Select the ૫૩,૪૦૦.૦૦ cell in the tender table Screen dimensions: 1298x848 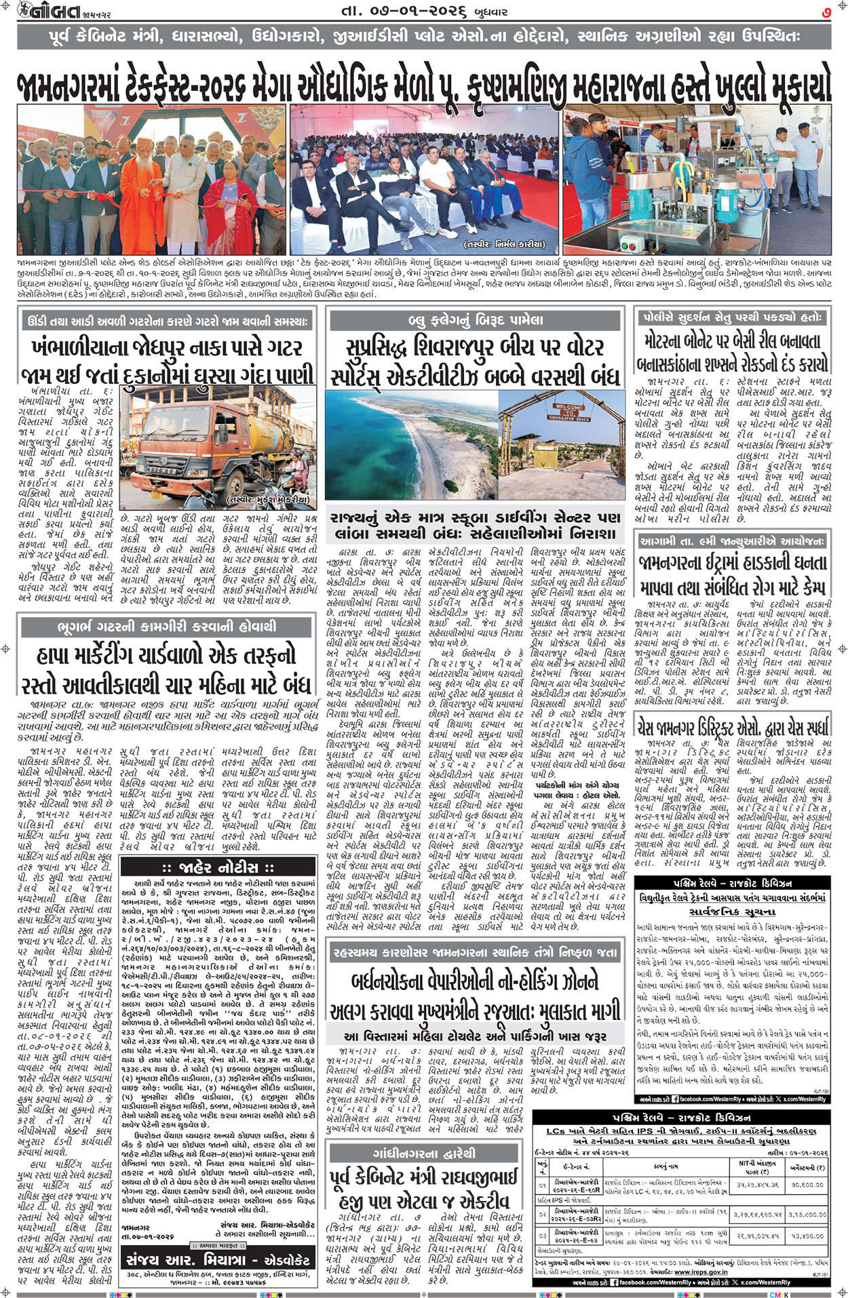(807, 1236)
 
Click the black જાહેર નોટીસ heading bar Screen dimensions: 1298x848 (217, 867)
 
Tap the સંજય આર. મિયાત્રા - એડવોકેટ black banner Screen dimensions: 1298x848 (217, 1260)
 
